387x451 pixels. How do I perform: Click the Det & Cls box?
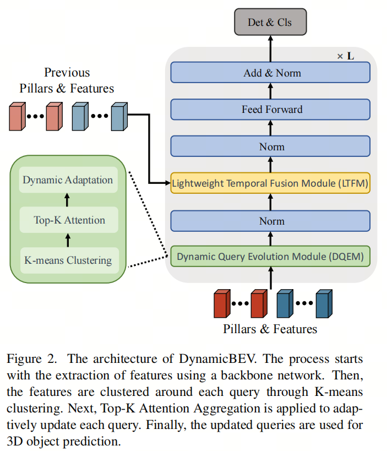pyautogui.click(x=270, y=23)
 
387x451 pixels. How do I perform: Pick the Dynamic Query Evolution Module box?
pyautogui.click(x=270, y=256)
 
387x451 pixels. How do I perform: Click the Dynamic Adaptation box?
pyautogui.click(x=68, y=180)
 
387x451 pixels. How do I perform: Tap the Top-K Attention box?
pyautogui.click(x=68, y=220)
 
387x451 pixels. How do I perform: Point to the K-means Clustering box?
pyautogui.click(x=68, y=260)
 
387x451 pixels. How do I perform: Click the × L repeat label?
pyautogui.click(x=346, y=56)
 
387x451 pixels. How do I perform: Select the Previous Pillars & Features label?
pyautogui.click(x=67, y=80)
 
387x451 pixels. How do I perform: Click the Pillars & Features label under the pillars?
pyautogui.click(x=270, y=329)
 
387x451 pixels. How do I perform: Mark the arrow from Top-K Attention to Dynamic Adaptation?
pyautogui.click(x=68, y=200)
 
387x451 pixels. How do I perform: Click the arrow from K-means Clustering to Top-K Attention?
pyautogui.click(x=68, y=240)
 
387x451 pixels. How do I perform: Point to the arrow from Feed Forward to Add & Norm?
pyautogui.click(x=270, y=91)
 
